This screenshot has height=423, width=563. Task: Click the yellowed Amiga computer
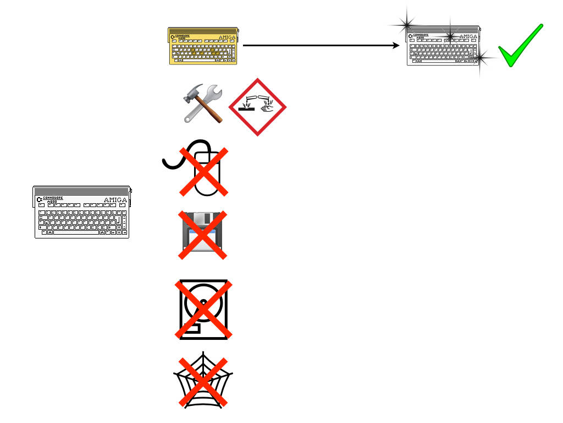pos(204,46)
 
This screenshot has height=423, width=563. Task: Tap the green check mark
pos(520,47)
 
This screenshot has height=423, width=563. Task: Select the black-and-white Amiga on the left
pos(82,212)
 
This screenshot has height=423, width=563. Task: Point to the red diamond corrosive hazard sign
pos(257,106)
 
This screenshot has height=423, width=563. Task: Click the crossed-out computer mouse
pos(203,171)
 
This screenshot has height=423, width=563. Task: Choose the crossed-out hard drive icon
pos(203,310)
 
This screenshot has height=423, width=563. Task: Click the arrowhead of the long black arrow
pos(397,46)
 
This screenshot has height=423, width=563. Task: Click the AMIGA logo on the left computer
pos(115,200)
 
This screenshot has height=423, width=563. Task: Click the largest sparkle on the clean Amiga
pos(407,24)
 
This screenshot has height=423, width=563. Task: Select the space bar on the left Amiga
pos(76,232)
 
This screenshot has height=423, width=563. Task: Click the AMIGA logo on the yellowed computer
pos(228,37)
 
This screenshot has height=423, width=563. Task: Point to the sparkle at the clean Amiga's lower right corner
pos(481,57)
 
